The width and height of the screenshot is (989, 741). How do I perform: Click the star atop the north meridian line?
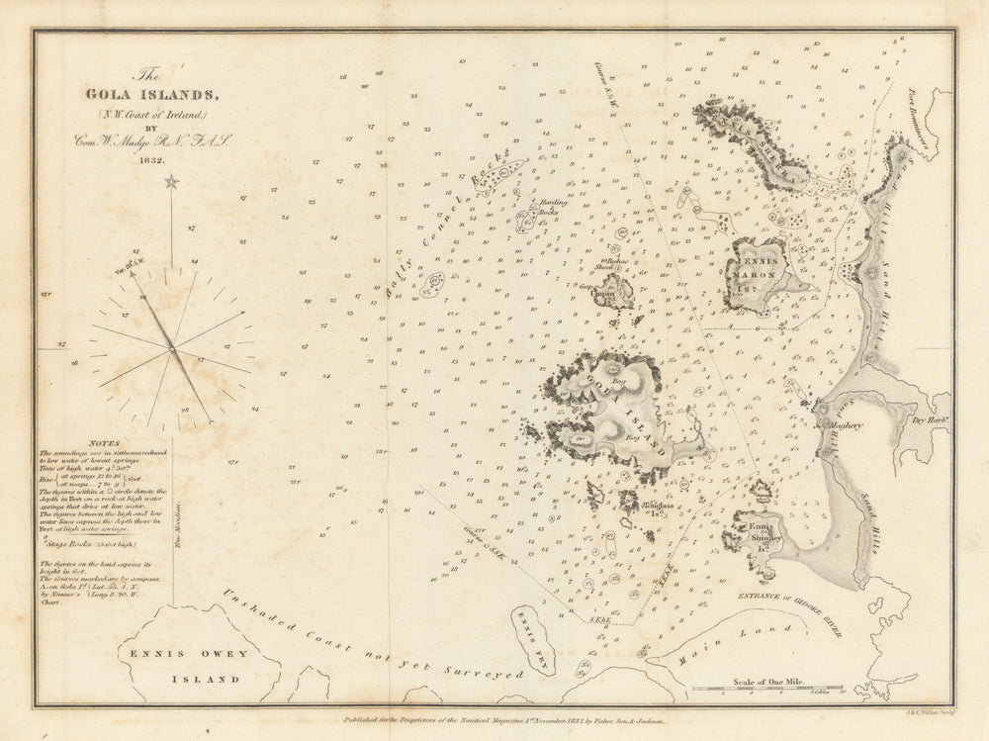[x=171, y=182]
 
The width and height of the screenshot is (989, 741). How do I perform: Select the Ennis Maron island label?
[x=757, y=268]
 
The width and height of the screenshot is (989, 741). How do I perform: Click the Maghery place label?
[x=841, y=426]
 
